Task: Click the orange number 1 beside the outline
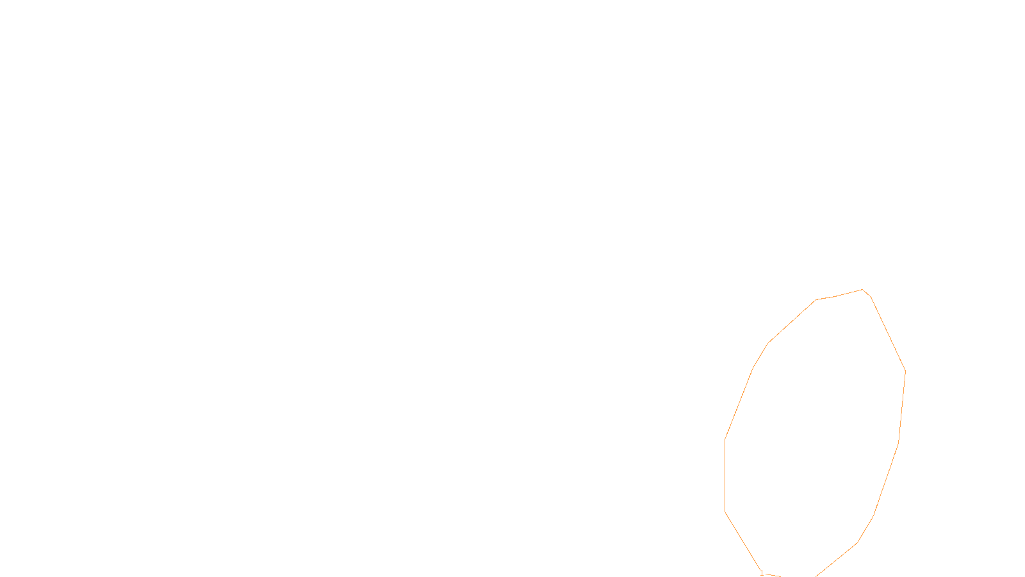point(762,573)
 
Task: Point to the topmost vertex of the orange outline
point(862,290)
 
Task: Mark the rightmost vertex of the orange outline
point(905,371)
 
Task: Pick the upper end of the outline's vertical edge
point(725,439)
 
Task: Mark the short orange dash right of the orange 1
point(773,575)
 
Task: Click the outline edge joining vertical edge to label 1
point(743,541)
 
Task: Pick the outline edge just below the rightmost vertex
point(902,406)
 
